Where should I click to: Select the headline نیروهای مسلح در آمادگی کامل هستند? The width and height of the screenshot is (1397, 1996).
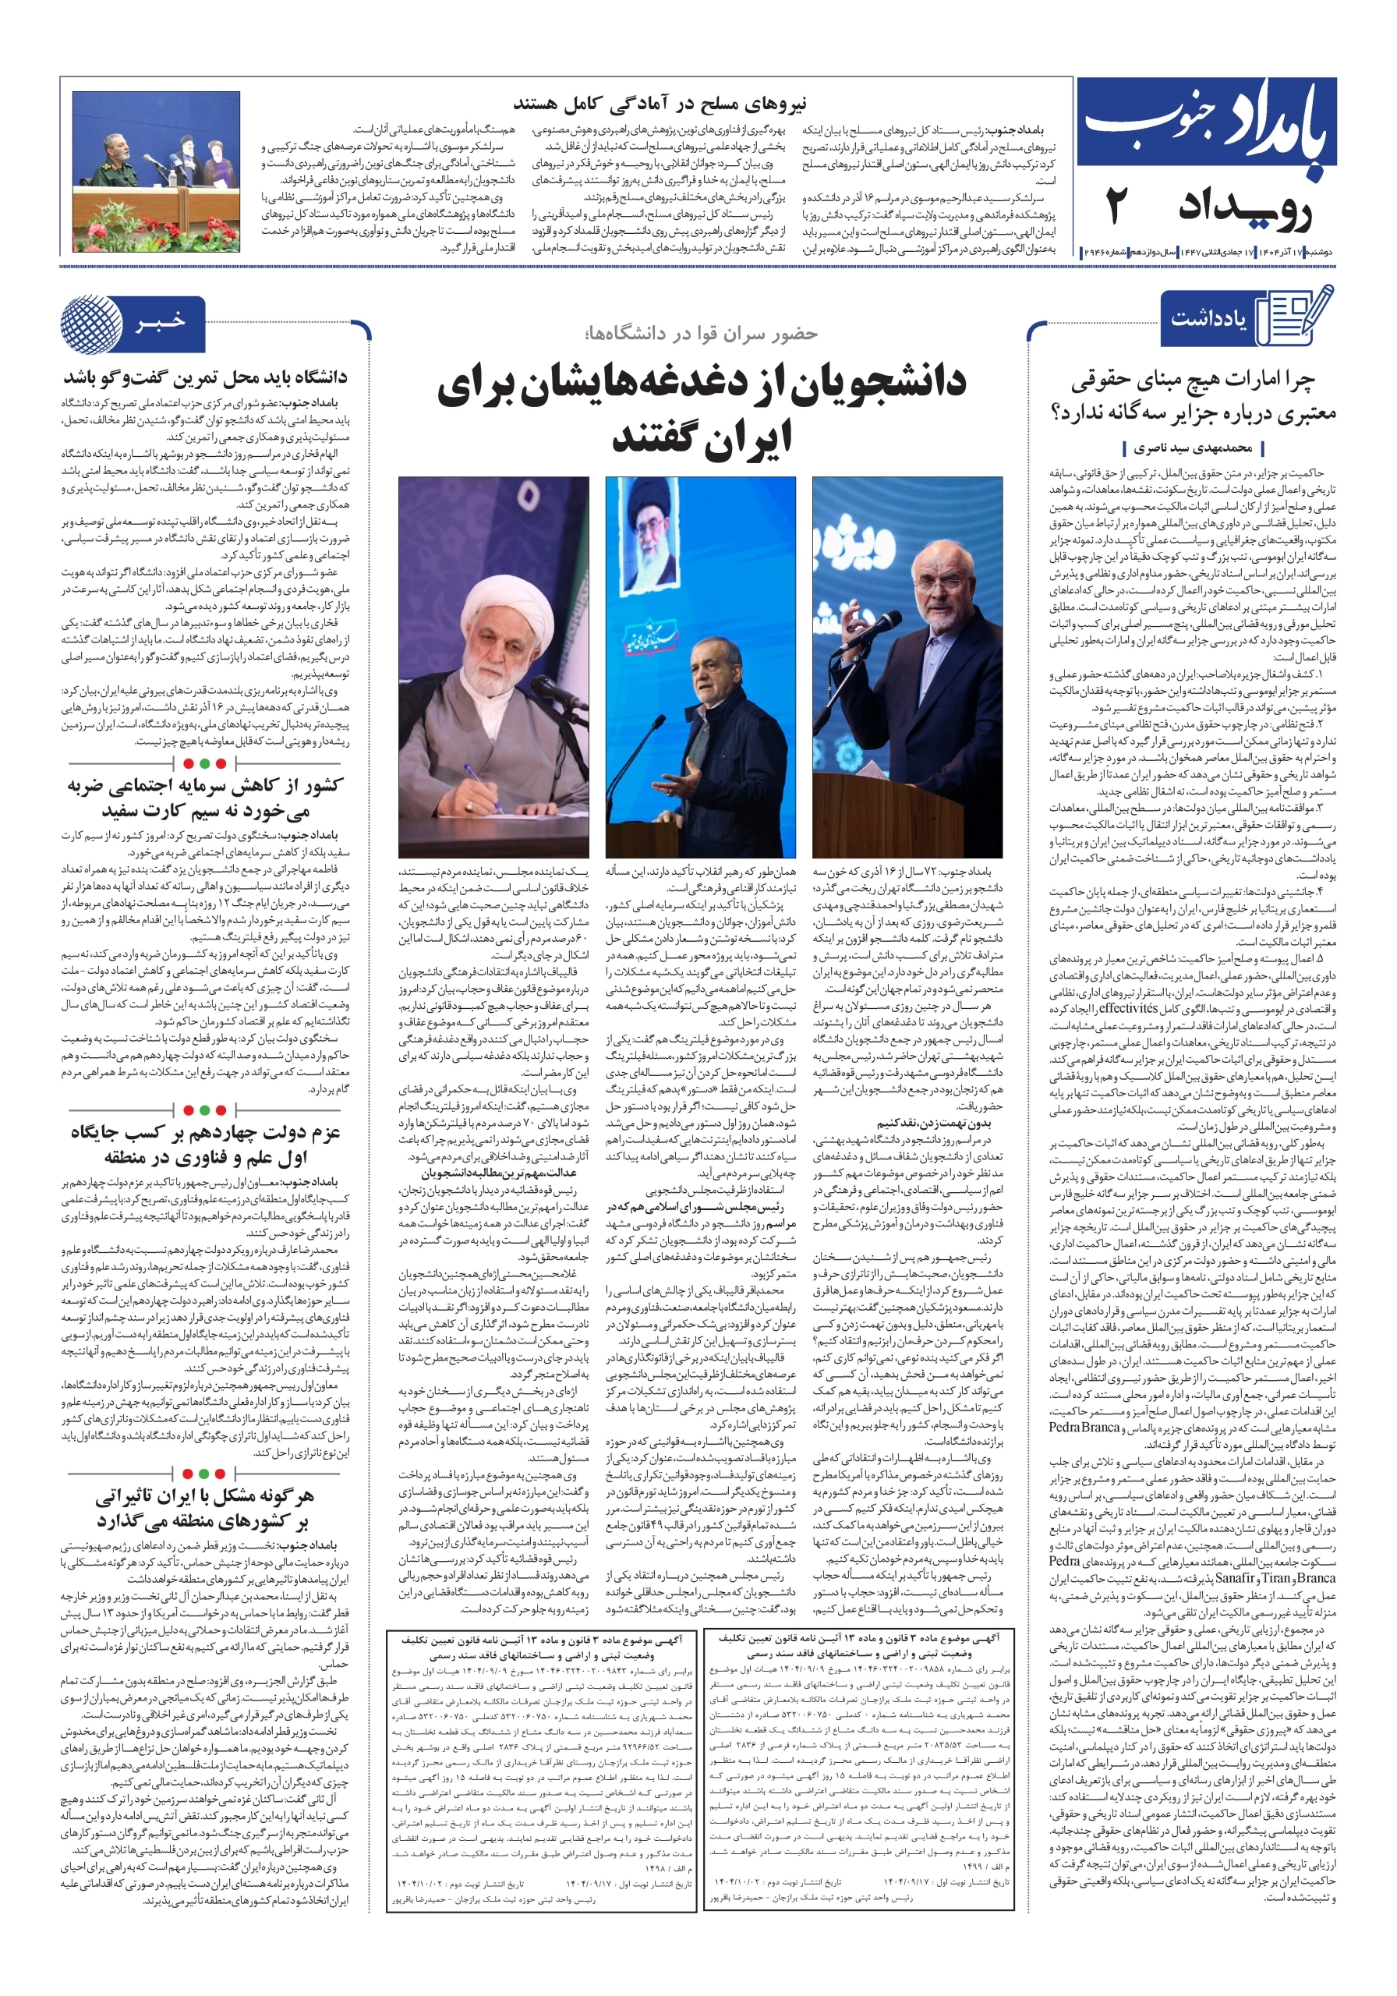pos(660,104)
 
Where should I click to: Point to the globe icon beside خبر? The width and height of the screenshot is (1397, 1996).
pos(91,324)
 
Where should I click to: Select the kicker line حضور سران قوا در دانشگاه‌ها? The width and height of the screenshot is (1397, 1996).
pos(702,333)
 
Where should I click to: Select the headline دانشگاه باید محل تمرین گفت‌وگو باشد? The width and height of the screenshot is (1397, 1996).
pos(204,378)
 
